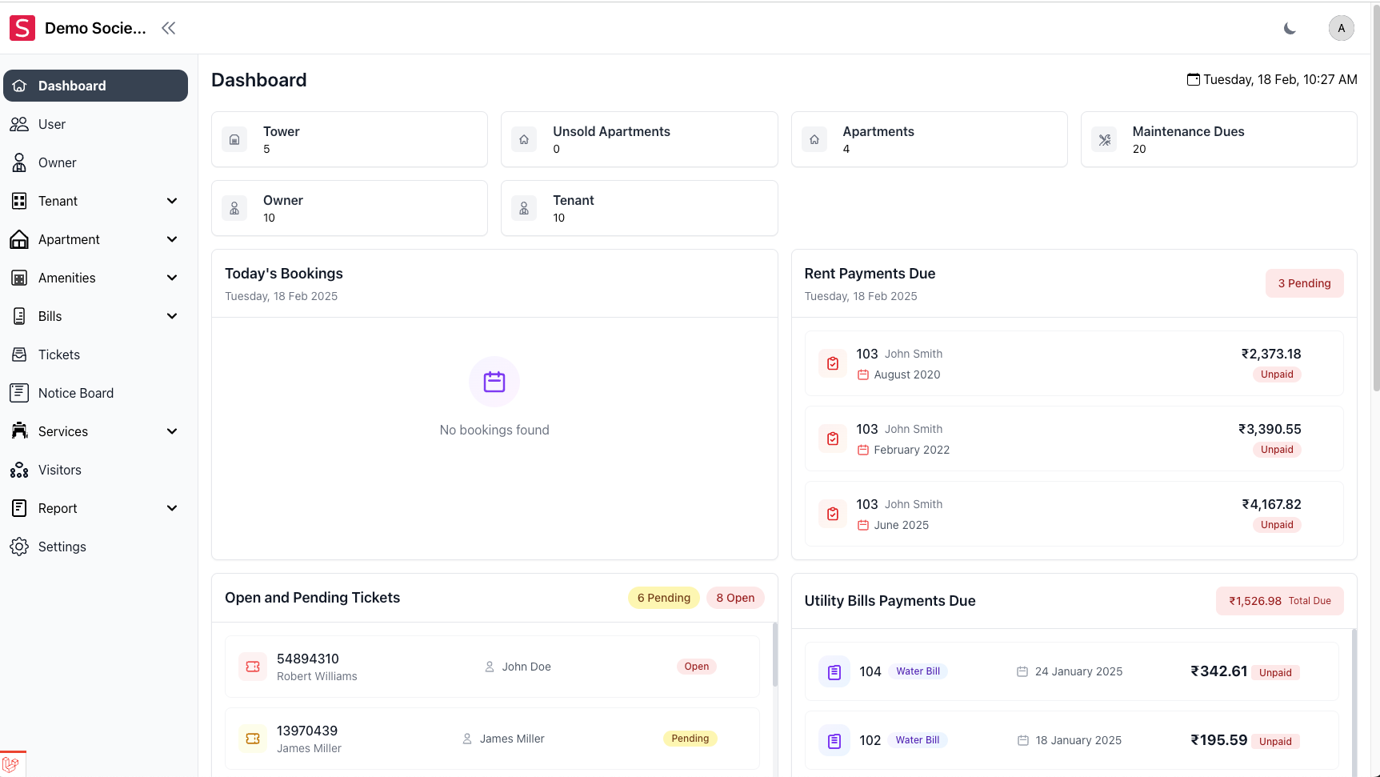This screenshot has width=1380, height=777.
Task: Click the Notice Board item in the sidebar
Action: click(x=75, y=393)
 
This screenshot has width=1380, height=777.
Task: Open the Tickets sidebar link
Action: click(x=58, y=354)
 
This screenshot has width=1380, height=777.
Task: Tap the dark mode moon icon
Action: click(x=1290, y=28)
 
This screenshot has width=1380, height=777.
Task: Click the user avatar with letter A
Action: click(x=1341, y=28)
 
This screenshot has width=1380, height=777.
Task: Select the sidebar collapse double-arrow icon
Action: click(x=168, y=28)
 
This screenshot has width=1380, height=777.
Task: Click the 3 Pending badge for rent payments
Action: click(x=1304, y=283)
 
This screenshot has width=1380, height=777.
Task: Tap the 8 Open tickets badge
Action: click(x=735, y=598)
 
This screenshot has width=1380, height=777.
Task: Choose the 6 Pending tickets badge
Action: click(x=663, y=598)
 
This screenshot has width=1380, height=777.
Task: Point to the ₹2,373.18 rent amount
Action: click(x=1270, y=354)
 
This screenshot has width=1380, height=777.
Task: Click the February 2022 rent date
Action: click(x=911, y=450)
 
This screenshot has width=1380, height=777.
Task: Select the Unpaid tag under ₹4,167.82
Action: click(x=1277, y=525)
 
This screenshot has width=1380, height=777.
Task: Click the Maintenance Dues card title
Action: click(x=1188, y=131)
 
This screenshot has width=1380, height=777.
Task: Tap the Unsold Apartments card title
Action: click(x=611, y=131)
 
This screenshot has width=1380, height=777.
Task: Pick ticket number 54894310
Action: click(x=308, y=659)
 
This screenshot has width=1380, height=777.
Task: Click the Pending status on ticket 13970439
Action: click(x=690, y=739)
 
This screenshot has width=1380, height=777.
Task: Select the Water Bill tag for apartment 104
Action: click(x=918, y=671)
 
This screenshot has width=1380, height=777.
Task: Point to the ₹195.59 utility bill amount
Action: click(x=1218, y=740)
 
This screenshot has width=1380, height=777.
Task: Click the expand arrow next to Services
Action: click(x=172, y=431)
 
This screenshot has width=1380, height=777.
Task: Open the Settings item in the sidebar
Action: click(x=62, y=547)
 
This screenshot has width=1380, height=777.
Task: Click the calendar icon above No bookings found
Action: click(x=494, y=382)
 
